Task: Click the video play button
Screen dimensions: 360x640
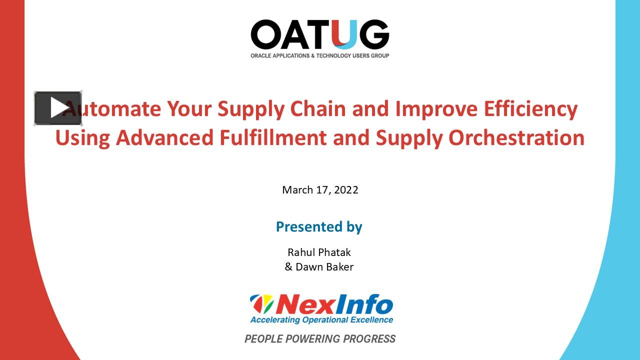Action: (58, 108)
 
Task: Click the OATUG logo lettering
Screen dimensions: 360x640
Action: (319, 34)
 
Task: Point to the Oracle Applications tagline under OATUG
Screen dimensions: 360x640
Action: (319, 55)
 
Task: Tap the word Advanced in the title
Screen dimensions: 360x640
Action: (164, 137)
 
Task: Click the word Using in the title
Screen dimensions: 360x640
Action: (82, 138)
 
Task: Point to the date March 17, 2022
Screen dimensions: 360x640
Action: (320, 190)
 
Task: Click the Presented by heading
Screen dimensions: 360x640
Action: (319, 226)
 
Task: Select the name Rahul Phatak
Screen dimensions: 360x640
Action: (319, 252)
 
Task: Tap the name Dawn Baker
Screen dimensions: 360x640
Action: (324, 267)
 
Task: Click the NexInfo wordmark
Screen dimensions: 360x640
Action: (334, 303)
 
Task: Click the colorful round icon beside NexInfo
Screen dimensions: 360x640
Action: (262, 303)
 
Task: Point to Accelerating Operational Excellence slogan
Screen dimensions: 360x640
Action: (321, 320)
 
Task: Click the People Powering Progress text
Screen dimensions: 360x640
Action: (320, 339)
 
